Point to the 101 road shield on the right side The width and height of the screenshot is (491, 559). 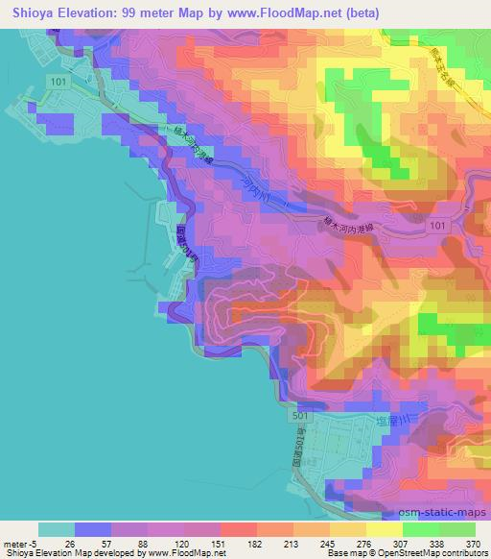click(x=438, y=225)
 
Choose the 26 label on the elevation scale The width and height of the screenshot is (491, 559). click(x=68, y=542)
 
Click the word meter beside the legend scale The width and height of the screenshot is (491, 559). click(x=15, y=542)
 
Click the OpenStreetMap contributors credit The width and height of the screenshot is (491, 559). click(x=431, y=553)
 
